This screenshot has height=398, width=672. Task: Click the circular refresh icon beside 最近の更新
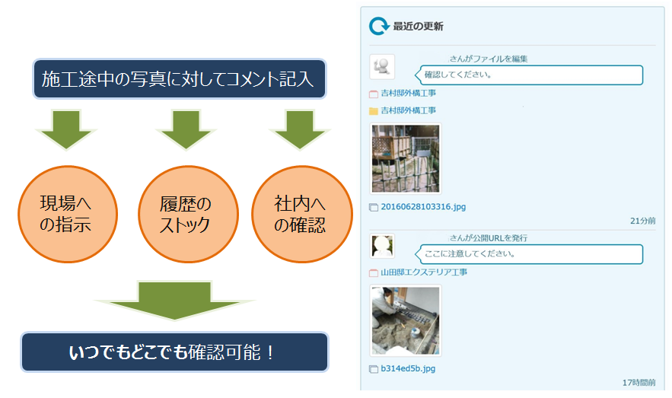pos(378,26)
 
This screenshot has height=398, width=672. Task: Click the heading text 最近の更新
pos(419,26)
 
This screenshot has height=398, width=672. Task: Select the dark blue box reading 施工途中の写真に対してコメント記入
pos(180,79)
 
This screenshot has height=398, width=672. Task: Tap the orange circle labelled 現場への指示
pos(68,214)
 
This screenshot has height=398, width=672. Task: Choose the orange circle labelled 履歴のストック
pos(188,214)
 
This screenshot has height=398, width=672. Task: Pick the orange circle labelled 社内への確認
pos(302,214)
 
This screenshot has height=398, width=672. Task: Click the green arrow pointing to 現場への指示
pos(66,130)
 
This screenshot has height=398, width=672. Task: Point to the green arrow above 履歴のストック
pos(186,130)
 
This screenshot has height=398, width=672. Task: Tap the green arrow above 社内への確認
pos(300,130)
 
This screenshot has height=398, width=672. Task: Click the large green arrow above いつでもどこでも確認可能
pos(174,301)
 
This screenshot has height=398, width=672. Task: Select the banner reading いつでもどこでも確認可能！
pos(174,352)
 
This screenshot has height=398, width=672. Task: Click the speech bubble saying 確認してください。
pos(529,75)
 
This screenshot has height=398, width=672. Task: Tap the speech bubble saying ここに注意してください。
pos(529,254)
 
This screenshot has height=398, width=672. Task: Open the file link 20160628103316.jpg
pos(423,206)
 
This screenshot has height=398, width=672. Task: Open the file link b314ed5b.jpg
pos(408,368)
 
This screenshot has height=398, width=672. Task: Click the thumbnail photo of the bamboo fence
pos(406,158)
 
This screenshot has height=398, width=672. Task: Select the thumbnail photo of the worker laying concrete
pos(406,320)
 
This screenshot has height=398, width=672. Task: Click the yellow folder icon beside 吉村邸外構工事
pos(373,111)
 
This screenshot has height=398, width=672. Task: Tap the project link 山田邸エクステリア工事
pos(424,272)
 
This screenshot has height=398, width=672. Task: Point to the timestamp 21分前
pos(642,221)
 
